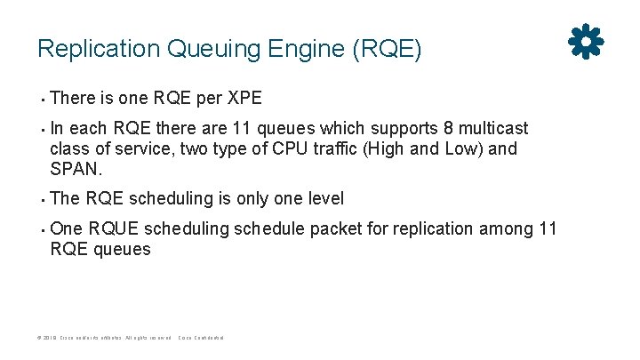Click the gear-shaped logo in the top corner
(586, 41)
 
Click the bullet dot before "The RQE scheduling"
(41, 199)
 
